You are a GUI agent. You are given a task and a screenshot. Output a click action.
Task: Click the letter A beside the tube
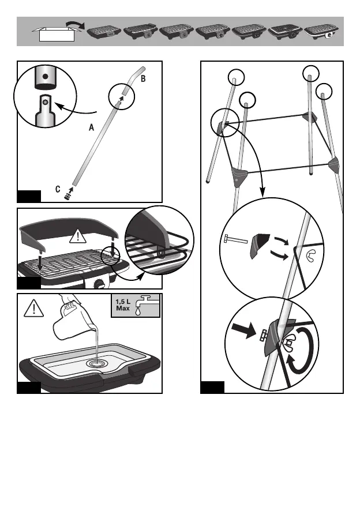click(x=92, y=130)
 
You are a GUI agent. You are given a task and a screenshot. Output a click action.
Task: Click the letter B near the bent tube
click(x=144, y=77)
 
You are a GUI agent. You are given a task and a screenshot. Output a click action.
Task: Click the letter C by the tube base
click(x=58, y=189)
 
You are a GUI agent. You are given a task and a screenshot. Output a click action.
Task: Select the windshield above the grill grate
click(x=69, y=229)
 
